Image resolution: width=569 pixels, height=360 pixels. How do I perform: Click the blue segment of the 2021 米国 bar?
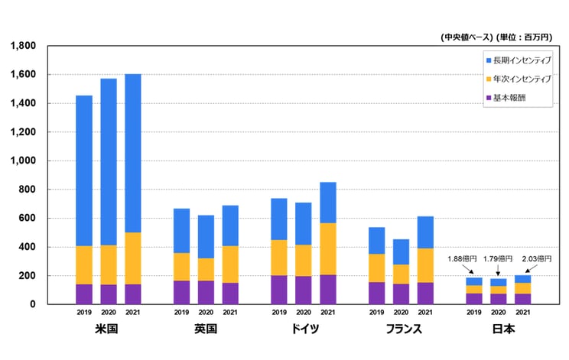132,153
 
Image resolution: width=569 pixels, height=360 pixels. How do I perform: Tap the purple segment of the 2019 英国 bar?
181,292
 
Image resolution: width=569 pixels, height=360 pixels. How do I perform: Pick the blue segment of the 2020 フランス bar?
401,251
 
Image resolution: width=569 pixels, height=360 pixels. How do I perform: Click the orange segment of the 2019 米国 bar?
83,264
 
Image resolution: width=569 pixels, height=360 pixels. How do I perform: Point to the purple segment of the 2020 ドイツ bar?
304,290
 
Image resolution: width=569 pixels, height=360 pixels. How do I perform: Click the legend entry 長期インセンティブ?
521,60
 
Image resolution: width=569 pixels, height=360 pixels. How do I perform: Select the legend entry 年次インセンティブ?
521,79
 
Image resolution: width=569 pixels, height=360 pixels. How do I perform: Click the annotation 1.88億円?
461,259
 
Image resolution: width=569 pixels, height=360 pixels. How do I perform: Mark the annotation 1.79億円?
499,259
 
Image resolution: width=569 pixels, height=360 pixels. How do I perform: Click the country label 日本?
498,329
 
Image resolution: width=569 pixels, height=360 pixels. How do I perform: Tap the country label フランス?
400,329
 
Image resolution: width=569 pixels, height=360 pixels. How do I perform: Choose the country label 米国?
108,329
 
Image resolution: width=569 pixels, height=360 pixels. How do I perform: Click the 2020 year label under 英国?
206,312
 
